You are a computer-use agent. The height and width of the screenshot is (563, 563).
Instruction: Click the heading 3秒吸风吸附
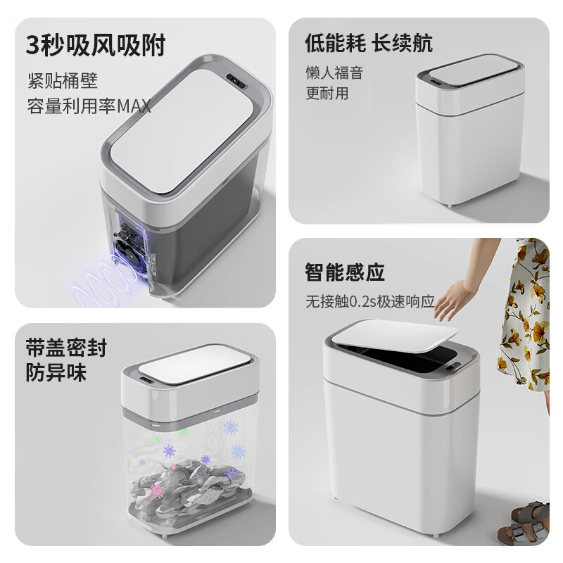[96, 44]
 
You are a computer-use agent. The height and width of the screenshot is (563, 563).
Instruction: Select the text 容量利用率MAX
[89, 107]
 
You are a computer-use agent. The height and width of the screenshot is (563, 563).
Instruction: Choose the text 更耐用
[327, 94]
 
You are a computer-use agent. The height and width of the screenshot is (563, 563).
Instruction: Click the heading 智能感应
[345, 272]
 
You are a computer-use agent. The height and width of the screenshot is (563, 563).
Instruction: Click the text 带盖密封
[65, 348]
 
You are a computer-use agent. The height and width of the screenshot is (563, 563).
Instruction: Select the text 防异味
[56, 373]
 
